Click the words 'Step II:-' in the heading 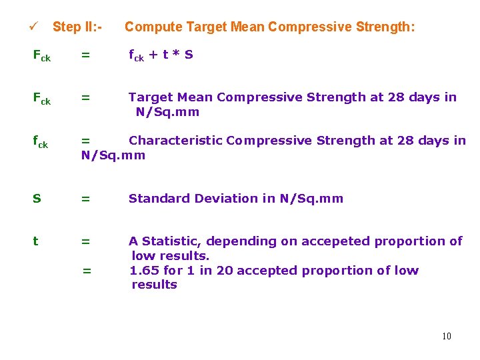(77, 27)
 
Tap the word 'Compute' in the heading (153, 27)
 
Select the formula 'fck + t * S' (161, 55)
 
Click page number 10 (446, 336)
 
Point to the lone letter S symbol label (37, 198)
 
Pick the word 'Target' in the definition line (150, 97)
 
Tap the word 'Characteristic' (175, 141)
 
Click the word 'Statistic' (169, 241)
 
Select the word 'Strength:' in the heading (385, 27)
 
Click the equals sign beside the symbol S (85, 198)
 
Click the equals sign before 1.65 (86, 271)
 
